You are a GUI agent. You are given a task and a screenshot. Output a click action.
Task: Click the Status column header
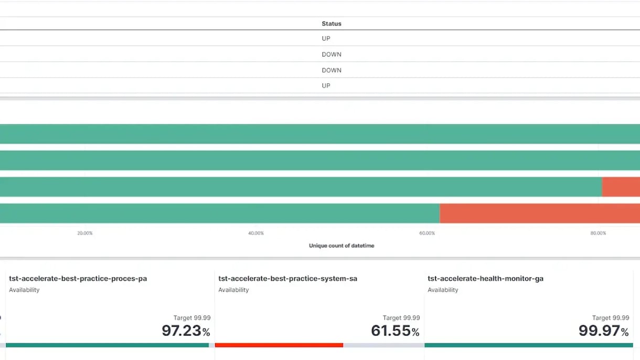point(331,24)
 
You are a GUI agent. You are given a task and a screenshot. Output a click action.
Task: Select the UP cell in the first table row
point(326,38)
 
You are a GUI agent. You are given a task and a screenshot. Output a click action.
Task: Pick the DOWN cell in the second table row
point(331,54)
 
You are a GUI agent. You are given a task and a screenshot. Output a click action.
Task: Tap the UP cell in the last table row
point(326,86)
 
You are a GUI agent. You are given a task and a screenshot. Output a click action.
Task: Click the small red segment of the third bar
point(621,187)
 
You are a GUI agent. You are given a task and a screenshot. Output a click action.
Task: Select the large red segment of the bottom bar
point(539,214)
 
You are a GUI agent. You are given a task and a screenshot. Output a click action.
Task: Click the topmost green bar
point(320,134)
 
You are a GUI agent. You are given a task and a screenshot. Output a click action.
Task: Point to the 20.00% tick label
point(85,233)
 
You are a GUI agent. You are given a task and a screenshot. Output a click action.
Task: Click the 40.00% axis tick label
point(256,233)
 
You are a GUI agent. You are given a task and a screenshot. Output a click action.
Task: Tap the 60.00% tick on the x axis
point(427,233)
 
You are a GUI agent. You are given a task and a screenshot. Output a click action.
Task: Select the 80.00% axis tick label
point(598,233)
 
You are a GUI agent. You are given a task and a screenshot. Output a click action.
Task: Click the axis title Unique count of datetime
point(342,246)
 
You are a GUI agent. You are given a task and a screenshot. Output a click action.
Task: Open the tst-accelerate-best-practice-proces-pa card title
point(78,279)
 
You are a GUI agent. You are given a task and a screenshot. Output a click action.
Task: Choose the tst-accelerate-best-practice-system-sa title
point(287,279)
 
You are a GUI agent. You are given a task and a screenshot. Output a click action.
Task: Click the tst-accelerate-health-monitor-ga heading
point(485,279)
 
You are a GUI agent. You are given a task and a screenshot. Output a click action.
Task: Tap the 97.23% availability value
point(186,331)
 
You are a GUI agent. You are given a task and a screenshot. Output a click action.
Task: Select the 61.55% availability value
point(395,331)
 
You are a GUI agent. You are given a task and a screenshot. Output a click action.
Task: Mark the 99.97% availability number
point(603,331)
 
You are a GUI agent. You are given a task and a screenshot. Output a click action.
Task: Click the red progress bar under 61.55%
point(279,345)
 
